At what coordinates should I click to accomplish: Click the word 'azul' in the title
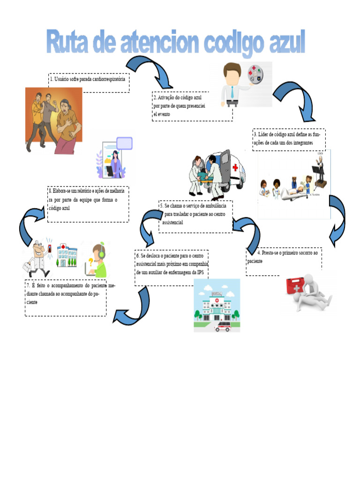[287, 42]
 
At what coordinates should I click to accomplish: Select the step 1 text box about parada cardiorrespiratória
[89, 82]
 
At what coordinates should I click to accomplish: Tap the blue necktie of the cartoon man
[232, 92]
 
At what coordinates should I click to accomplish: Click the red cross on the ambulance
[235, 167]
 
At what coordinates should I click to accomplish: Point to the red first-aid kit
[295, 285]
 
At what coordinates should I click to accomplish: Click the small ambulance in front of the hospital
[223, 326]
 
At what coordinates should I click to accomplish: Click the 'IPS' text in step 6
[201, 272]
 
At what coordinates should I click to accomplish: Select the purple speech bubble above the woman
[124, 143]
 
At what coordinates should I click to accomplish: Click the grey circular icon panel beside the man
[255, 75]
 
